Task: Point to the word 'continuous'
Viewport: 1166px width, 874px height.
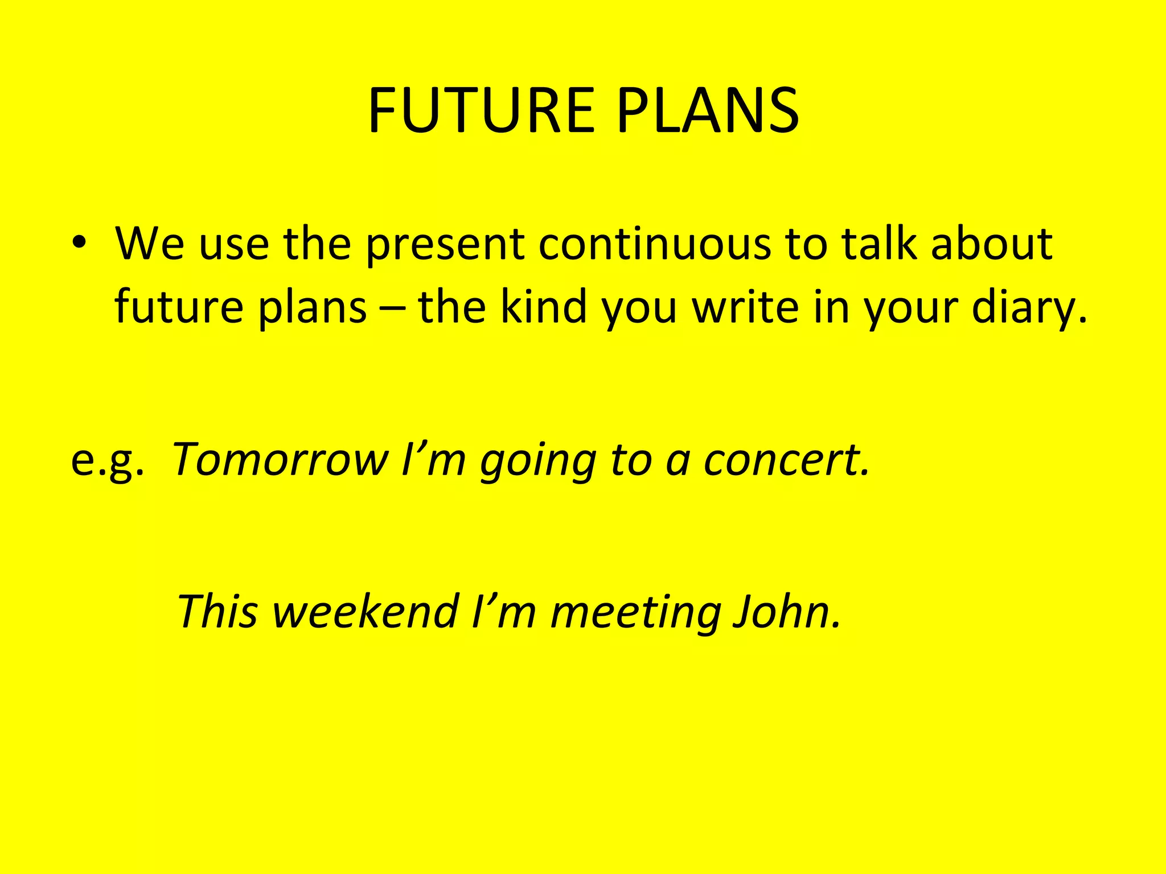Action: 654,244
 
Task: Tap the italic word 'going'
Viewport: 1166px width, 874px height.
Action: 538,461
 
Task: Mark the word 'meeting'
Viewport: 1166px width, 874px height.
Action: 636,612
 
